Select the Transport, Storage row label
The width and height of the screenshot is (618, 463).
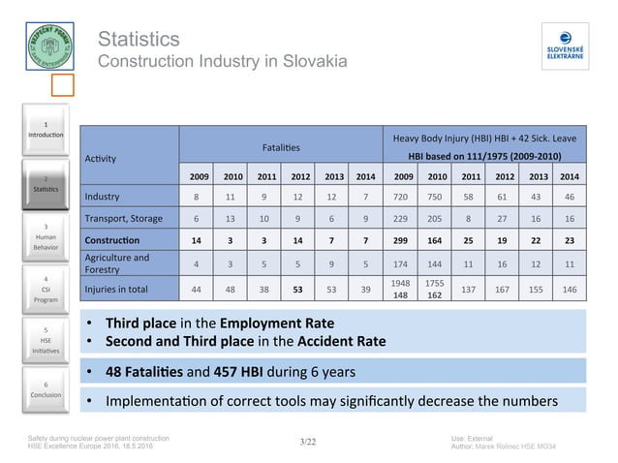coord(123,218)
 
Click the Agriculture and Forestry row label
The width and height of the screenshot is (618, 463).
coord(116,263)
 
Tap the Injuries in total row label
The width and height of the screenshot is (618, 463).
coord(116,288)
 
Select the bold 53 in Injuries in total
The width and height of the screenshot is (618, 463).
coord(299,289)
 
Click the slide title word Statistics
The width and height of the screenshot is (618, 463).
coord(139,40)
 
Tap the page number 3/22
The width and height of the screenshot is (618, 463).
coord(308,442)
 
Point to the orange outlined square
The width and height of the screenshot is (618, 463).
coord(61,86)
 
